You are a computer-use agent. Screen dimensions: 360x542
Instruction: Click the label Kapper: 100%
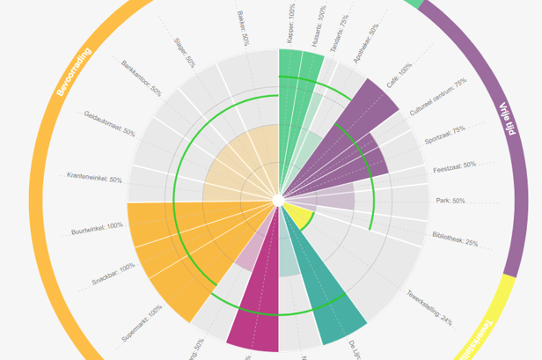click(290, 23)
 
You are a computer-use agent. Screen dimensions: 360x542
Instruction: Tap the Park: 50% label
click(450, 201)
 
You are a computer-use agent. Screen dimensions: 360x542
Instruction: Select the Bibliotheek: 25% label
click(455, 236)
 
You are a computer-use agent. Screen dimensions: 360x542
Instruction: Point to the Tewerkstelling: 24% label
click(428, 307)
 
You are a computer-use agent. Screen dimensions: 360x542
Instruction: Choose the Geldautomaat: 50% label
click(109, 122)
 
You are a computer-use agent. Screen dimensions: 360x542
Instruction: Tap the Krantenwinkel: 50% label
click(94, 179)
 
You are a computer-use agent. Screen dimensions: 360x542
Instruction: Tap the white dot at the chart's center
click(278, 202)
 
